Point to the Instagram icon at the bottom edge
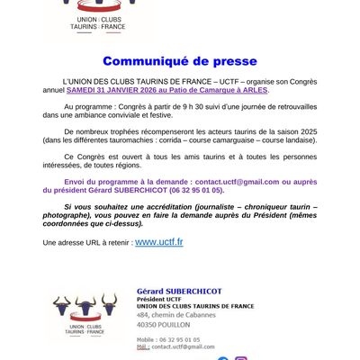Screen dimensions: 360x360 [x=240, y=358]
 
